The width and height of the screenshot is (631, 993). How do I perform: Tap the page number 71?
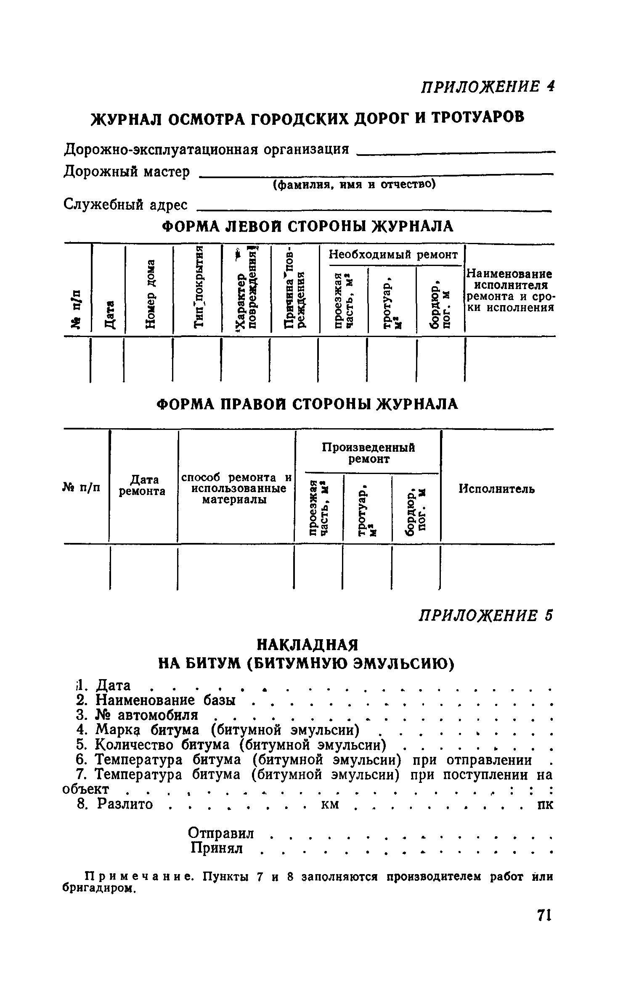544,927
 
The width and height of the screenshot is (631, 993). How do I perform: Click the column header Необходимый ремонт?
393,255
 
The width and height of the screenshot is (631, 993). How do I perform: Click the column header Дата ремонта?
142,485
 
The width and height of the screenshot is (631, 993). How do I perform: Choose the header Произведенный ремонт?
369,453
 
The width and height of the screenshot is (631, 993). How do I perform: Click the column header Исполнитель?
496,489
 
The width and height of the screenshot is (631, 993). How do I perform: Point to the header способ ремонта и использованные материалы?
236,489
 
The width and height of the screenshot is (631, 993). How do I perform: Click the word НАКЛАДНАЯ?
307,645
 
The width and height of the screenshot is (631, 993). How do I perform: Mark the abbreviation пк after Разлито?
546,804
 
